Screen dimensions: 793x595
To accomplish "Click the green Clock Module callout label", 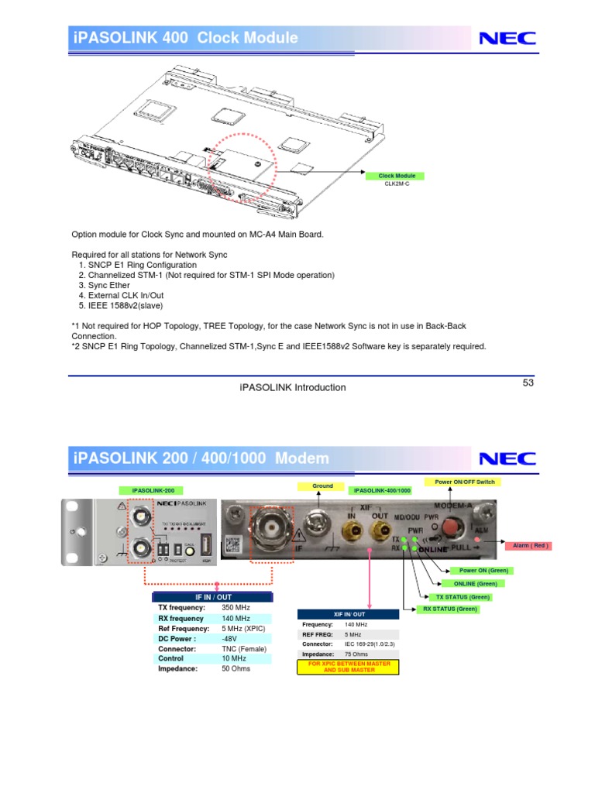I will [x=396, y=176].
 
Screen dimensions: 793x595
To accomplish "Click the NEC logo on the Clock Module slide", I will [x=507, y=38].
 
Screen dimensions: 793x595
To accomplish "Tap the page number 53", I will [x=528, y=383].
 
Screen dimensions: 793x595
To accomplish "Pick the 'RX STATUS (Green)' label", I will [x=450, y=609].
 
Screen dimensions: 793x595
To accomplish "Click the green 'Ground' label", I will [x=322, y=486].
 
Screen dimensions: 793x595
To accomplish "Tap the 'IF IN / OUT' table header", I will [x=212, y=597].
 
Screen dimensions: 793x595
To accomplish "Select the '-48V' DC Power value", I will [x=229, y=639].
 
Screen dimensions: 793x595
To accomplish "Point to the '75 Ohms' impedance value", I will [x=356, y=654].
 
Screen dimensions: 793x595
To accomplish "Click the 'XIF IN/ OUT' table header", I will [x=349, y=614].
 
